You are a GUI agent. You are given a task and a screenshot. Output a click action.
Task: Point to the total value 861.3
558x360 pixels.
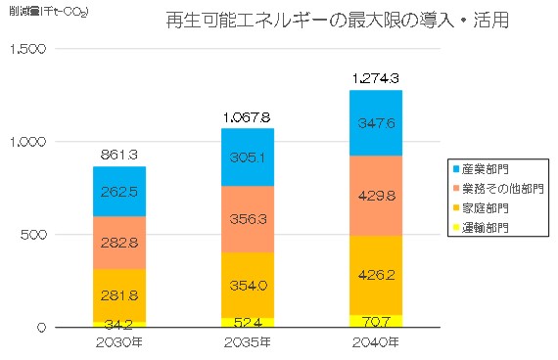click(120, 154)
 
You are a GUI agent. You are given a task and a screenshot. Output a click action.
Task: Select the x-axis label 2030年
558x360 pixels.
click(120, 342)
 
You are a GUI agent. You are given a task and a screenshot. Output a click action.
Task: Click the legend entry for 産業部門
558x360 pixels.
click(484, 170)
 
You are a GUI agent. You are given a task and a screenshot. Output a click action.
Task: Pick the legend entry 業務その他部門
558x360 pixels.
click(495, 190)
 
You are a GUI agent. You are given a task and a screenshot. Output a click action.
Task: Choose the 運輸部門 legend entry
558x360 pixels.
click(484, 227)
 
